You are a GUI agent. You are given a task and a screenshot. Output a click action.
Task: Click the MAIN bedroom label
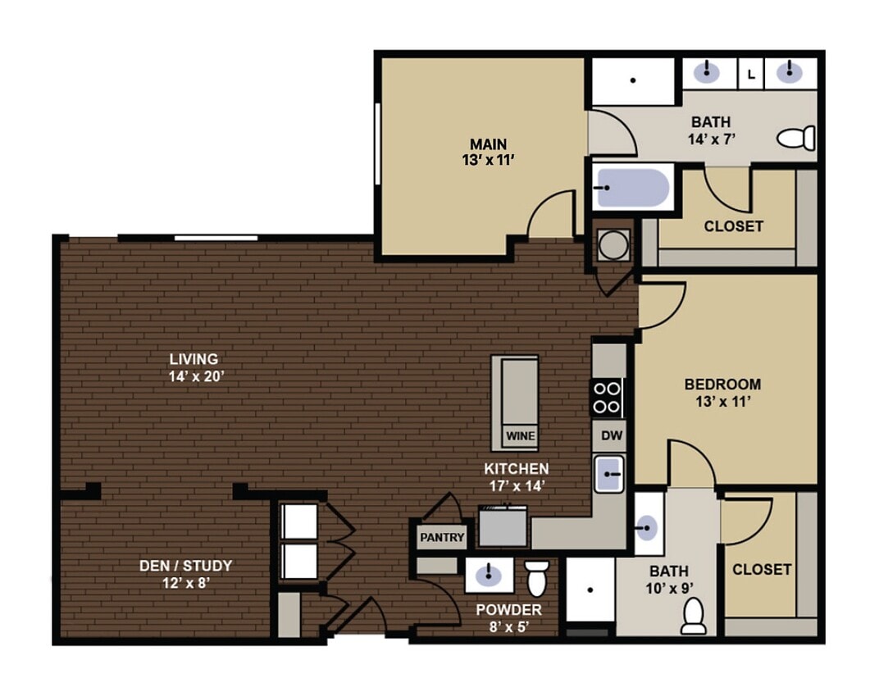(488, 144)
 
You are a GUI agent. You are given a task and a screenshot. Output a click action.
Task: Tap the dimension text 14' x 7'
(710, 139)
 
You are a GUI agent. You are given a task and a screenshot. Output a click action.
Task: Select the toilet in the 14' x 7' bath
(797, 138)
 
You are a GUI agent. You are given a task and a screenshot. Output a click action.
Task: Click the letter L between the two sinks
(750, 75)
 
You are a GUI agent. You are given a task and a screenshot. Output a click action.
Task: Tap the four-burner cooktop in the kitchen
(608, 398)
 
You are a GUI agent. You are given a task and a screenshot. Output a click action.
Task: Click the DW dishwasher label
(610, 436)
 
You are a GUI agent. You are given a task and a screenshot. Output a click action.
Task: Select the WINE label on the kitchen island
(520, 436)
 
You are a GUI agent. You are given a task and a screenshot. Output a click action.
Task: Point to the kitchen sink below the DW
(608, 475)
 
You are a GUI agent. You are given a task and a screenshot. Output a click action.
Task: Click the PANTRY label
(442, 538)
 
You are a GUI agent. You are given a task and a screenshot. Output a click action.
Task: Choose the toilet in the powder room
(536, 578)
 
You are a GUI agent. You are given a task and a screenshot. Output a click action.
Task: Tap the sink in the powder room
(490, 575)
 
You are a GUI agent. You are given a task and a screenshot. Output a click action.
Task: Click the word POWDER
(508, 610)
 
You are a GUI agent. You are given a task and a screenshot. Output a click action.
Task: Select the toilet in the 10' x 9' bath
(694, 616)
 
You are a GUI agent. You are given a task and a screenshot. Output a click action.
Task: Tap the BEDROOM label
(722, 384)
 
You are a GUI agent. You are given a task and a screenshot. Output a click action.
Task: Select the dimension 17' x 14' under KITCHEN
(516, 485)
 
